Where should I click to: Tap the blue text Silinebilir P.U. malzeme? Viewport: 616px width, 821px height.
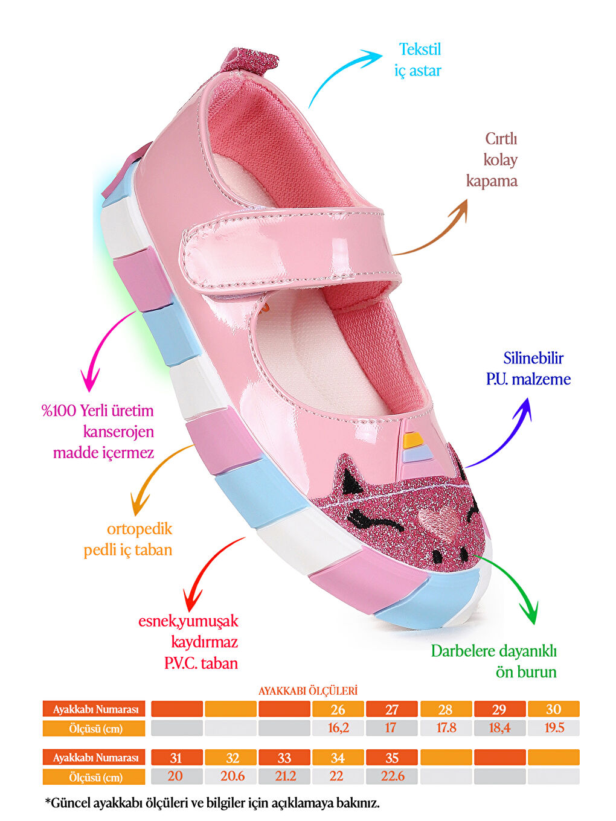click(528, 368)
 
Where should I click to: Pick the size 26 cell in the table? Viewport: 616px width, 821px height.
click(338, 709)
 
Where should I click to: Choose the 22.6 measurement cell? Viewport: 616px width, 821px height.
click(392, 776)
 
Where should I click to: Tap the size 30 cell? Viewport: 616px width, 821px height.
click(553, 709)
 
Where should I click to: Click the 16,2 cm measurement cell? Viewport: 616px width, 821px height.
click(338, 728)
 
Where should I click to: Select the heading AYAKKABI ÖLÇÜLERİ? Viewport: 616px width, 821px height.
click(308, 691)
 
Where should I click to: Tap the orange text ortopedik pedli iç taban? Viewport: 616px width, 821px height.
click(129, 539)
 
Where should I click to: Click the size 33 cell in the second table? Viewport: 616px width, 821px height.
click(284, 758)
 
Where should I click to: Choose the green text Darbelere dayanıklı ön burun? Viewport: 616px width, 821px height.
click(494, 662)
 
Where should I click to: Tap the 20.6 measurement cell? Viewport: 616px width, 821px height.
click(231, 776)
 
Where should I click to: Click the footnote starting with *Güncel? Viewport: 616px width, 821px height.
click(213, 803)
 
